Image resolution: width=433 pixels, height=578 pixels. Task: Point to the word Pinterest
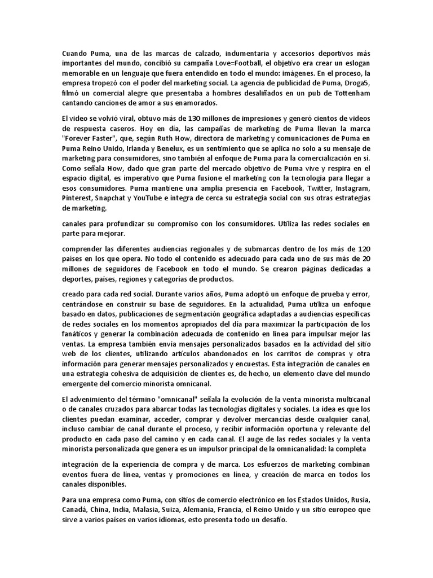pyautogui.click(x=77, y=198)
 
